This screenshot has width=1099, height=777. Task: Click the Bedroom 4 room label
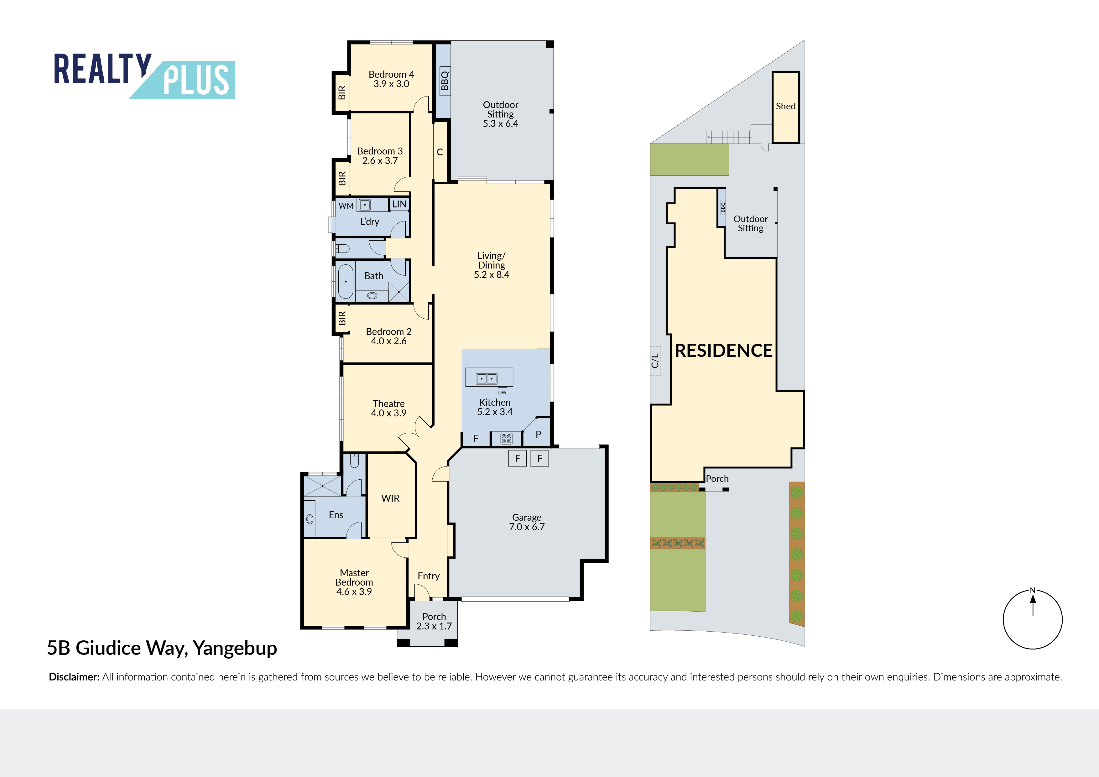(391, 79)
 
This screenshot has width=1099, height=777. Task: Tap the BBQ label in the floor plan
(445, 81)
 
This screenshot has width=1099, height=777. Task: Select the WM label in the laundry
(346, 206)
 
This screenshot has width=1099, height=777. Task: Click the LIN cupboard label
(399, 204)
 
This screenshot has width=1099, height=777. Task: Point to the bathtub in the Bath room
(346, 281)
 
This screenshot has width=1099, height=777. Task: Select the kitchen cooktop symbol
(506, 438)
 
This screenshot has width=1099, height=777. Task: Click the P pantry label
(539, 434)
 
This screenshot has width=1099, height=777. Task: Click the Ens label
(336, 515)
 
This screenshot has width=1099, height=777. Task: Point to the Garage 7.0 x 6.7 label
(527, 522)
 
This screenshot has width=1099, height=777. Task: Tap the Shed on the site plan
(785, 107)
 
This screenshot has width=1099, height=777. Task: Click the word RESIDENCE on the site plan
(723, 351)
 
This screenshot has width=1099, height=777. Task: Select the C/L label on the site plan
(655, 361)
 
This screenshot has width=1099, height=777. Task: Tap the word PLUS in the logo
(196, 80)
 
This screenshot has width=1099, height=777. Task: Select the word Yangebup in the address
(235, 649)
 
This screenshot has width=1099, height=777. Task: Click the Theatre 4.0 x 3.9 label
(389, 408)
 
